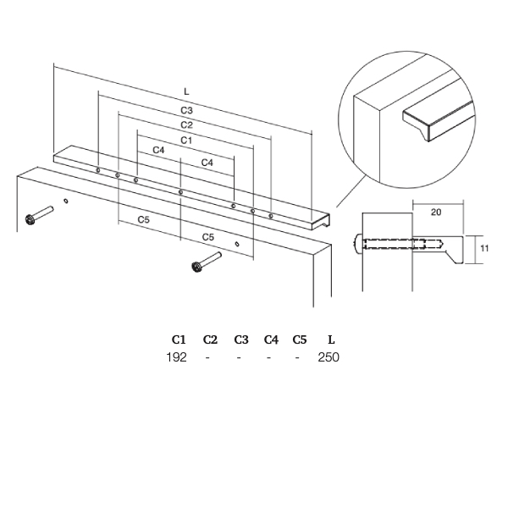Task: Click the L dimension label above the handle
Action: [x=186, y=91]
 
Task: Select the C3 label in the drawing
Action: [x=186, y=110]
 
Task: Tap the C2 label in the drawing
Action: [x=186, y=125]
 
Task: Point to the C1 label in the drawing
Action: [x=186, y=141]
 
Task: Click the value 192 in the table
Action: [x=177, y=357]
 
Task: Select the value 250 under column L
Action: [x=329, y=357]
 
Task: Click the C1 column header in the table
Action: [x=179, y=340]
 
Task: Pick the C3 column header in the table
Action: [x=241, y=340]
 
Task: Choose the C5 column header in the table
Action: [x=300, y=340]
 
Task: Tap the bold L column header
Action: [x=331, y=340]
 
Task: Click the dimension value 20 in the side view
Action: [x=436, y=213]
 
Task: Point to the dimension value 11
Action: [x=484, y=248]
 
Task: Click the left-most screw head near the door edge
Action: [x=30, y=220]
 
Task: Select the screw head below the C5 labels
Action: [x=196, y=267]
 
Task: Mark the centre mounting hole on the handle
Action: [x=181, y=192]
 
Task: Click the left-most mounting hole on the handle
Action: [x=98, y=170]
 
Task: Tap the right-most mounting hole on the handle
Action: [x=271, y=216]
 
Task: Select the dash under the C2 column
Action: [x=207, y=357]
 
